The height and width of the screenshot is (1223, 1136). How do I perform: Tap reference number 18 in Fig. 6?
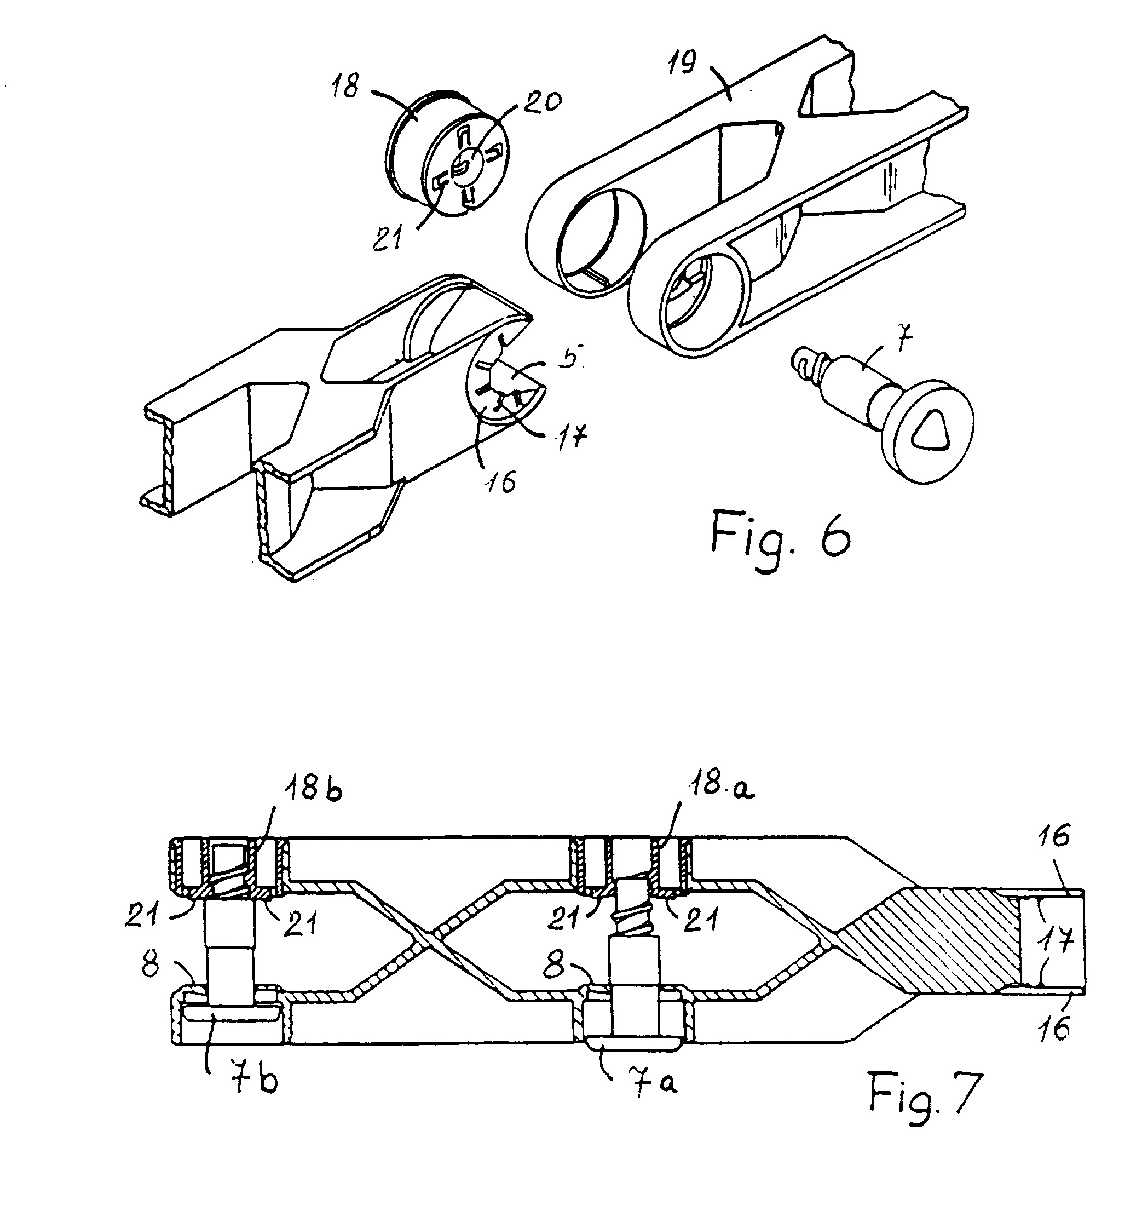point(346,85)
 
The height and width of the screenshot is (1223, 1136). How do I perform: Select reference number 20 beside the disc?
point(542,101)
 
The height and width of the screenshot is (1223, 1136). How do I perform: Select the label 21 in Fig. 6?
point(389,236)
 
